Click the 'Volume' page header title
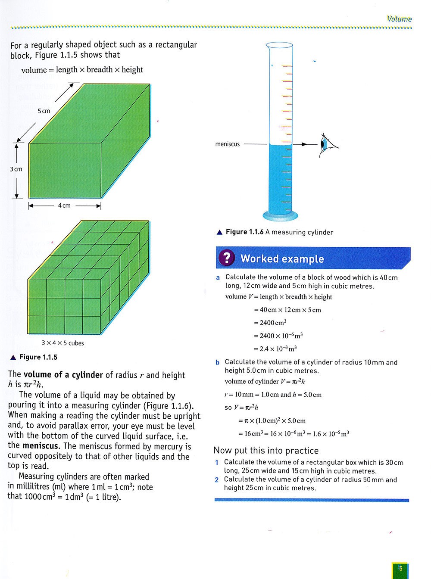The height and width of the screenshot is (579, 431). (x=399, y=19)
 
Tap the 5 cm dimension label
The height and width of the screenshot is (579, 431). (x=44, y=111)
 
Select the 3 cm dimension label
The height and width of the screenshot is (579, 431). (x=16, y=169)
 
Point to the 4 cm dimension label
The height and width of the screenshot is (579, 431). (x=64, y=205)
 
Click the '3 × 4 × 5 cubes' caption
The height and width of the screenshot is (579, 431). (x=62, y=343)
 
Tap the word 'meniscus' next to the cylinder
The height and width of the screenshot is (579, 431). (x=227, y=144)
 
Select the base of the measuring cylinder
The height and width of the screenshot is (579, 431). (x=280, y=216)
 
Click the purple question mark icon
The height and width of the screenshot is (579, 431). (x=227, y=258)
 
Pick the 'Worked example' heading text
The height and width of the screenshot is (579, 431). (x=282, y=258)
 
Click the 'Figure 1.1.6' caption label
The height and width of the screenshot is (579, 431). (x=244, y=232)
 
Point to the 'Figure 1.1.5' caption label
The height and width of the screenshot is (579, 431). (x=38, y=357)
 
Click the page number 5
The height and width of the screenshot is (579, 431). (x=400, y=568)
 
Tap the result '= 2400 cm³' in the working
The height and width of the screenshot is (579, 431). (x=270, y=323)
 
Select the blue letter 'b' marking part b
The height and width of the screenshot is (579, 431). (x=218, y=362)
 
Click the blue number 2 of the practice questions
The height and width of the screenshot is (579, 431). (x=217, y=480)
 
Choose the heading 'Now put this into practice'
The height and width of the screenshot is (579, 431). (x=266, y=451)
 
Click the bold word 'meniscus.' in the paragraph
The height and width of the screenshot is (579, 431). (x=41, y=445)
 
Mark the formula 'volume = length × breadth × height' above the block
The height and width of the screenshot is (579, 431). (x=82, y=70)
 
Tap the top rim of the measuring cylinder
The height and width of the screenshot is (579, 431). (x=279, y=45)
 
